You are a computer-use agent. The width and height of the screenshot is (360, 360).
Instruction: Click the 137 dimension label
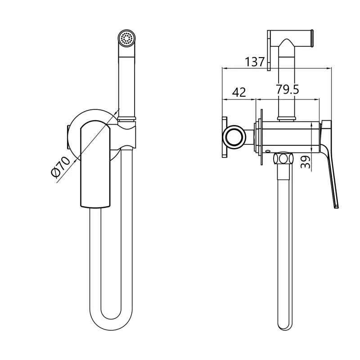(255, 62)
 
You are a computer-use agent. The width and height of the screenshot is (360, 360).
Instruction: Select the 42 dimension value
(239, 92)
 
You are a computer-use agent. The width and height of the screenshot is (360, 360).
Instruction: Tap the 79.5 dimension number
(288, 89)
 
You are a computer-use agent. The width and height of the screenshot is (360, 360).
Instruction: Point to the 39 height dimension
(306, 162)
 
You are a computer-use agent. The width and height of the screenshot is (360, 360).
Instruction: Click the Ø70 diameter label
(61, 167)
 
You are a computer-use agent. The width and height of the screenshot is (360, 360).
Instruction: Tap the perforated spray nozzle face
(127, 38)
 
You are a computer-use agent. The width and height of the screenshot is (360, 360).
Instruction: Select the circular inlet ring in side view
(234, 136)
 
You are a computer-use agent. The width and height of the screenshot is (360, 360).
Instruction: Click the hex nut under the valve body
(283, 159)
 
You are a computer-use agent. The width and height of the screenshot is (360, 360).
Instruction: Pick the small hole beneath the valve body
(267, 151)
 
